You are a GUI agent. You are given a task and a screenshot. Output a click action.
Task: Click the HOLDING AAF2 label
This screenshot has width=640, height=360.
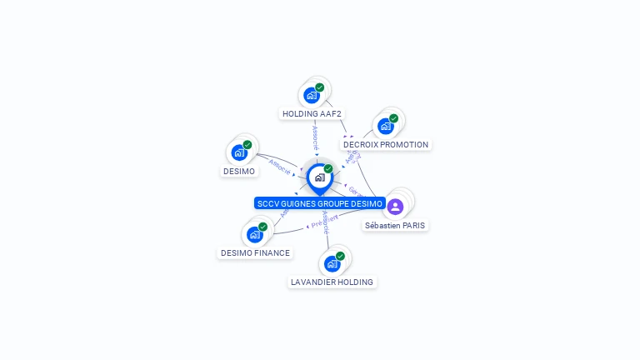312,114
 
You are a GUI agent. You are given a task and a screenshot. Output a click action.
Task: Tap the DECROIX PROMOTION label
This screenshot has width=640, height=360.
386,145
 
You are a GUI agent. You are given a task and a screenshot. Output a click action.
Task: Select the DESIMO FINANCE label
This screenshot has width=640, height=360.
255,253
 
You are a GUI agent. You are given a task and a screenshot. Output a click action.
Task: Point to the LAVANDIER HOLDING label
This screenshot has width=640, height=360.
332,282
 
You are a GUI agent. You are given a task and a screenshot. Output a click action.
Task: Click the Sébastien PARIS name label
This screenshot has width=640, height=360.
395,226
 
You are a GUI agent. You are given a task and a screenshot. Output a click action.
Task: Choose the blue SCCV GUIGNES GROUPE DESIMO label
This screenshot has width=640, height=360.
320,204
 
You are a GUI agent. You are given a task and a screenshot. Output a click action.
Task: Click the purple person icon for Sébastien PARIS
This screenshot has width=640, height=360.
395,206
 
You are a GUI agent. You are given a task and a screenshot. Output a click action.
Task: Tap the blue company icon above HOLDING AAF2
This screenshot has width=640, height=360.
312,95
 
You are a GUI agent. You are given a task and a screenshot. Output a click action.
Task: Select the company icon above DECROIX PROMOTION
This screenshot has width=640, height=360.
385,126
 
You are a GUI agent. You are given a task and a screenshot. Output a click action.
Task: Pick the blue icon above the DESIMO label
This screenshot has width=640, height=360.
239,152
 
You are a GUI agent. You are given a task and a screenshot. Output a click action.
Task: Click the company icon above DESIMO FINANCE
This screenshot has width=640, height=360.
254,234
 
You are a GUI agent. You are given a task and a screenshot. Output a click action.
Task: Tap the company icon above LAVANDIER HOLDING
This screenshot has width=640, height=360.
332,263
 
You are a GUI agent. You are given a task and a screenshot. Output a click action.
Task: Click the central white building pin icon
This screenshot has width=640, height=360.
319,177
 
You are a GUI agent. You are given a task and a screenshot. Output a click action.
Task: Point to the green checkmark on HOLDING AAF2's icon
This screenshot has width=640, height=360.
320,87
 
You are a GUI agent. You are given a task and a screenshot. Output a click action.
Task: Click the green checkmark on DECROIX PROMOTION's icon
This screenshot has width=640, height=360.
393,118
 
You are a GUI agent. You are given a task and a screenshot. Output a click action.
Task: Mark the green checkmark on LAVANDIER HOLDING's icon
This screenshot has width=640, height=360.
340,256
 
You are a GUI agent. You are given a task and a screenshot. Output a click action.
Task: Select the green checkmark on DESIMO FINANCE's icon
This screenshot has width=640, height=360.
262,227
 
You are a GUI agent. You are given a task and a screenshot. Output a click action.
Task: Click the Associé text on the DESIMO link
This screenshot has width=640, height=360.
281,167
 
